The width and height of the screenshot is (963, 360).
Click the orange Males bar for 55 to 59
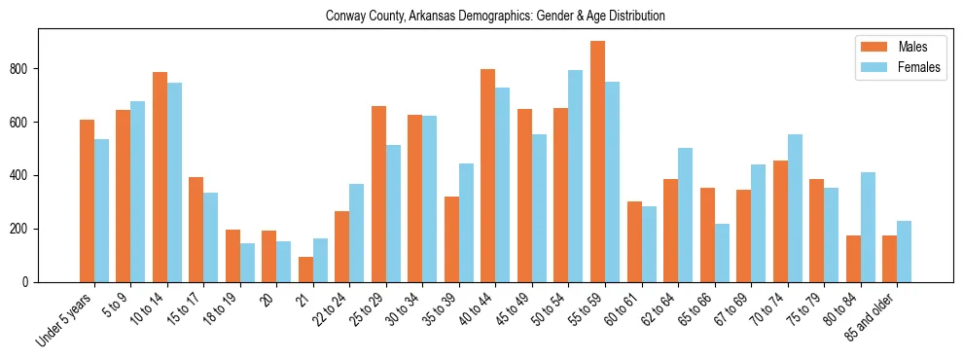click(597, 162)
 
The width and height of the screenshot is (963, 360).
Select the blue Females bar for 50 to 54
click(576, 176)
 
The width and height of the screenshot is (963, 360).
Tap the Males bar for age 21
click(305, 270)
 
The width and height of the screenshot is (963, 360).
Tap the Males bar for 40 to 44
click(488, 175)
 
